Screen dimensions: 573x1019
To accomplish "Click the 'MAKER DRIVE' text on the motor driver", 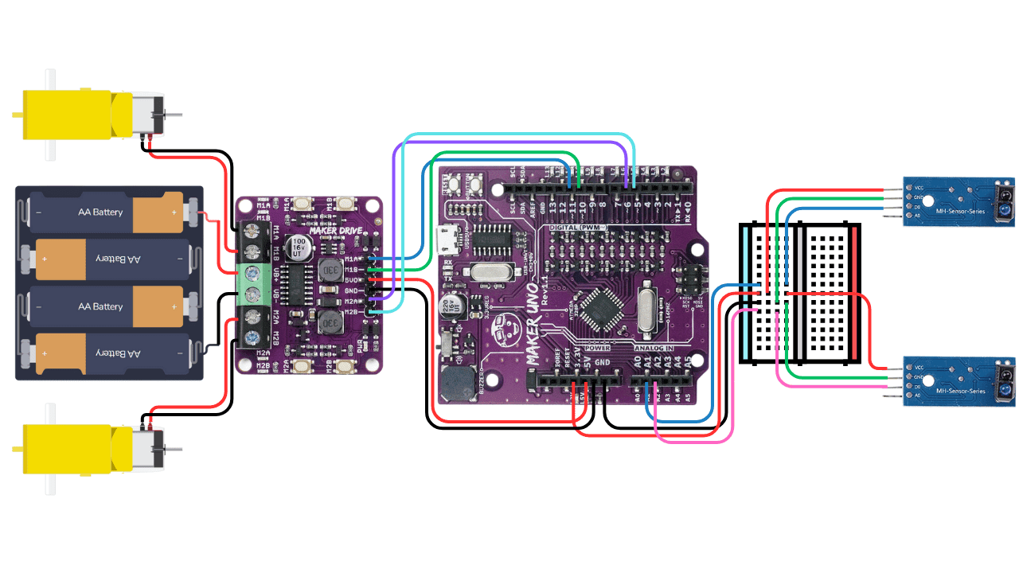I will pos(335,231).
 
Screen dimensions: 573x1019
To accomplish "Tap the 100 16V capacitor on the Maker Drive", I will pos(299,245).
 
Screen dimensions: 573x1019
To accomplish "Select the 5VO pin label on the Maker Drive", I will pos(352,279).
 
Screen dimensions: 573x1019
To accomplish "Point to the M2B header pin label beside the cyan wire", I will pos(352,311).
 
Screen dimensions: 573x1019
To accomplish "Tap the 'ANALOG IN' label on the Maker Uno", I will pos(655,348).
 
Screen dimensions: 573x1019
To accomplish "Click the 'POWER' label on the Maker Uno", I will pos(596,348).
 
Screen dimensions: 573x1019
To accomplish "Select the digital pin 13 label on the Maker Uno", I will pos(552,207).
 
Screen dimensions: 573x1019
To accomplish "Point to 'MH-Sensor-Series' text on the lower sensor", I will pos(961,391).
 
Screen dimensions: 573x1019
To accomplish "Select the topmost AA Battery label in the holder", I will pos(100,212).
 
